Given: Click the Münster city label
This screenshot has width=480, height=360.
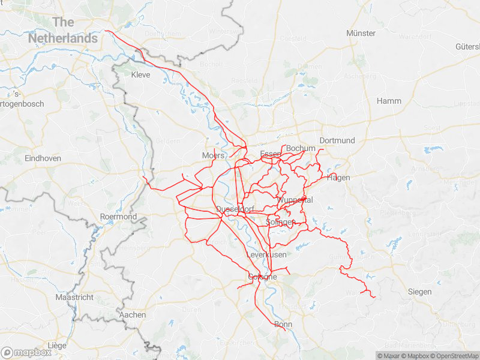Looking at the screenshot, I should pyautogui.click(x=361, y=33).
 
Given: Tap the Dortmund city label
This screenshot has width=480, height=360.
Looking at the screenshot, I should pyautogui.click(x=337, y=140).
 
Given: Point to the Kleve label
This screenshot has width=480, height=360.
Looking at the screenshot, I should pyautogui.click(x=140, y=75).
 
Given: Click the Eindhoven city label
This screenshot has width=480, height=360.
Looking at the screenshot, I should pyautogui.click(x=43, y=158).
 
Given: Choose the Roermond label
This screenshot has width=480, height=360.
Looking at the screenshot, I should pyautogui.click(x=118, y=217).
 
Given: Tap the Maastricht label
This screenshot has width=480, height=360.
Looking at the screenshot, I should pyautogui.click(x=74, y=297).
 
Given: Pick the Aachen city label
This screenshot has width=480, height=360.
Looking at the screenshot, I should pyautogui.click(x=133, y=314).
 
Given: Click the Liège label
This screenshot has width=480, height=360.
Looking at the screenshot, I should pyautogui.click(x=56, y=346).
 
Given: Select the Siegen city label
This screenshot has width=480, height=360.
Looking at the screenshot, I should pyautogui.click(x=419, y=292).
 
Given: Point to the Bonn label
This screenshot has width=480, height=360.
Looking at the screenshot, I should pyautogui.click(x=283, y=325).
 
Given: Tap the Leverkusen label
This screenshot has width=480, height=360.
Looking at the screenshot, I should pyautogui.click(x=266, y=255).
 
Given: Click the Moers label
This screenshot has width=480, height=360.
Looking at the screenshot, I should pyautogui.click(x=213, y=155).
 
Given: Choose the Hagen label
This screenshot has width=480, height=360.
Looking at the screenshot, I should pyautogui.click(x=338, y=178).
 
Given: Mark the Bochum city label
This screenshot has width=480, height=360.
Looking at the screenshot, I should pyautogui.click(x=301, y=148).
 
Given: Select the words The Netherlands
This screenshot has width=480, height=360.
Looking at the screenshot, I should pyautogui.click(x=63, y=30).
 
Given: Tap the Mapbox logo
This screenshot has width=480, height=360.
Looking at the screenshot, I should pyautogui.click(x=25, y=353).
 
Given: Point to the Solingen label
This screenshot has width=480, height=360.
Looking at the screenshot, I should pyautogui.click(x=280, y=222).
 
